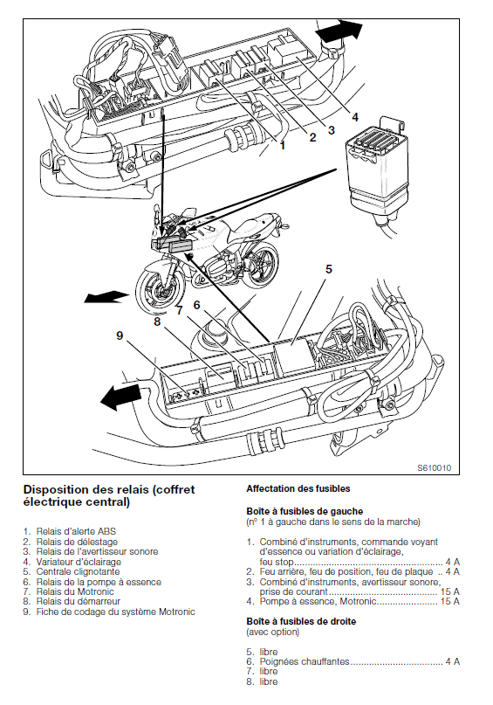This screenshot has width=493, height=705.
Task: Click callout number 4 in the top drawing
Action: point(355,117)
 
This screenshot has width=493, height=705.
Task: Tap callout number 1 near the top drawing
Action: point(283,145)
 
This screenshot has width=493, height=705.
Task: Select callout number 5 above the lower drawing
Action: point(329,269)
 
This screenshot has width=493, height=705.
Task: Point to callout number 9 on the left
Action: point(120,335)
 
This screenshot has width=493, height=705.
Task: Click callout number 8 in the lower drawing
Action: point(157,322)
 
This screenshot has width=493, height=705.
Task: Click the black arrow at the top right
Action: point(339,30)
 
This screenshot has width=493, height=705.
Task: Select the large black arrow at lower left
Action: point(120,396)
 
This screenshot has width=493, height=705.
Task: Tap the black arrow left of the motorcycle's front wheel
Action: point(106,297)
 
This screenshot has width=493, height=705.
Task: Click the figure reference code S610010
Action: point(434,468)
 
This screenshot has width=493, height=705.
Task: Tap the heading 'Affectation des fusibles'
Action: point(298,488)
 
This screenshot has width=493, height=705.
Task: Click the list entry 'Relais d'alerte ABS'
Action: point(76,531)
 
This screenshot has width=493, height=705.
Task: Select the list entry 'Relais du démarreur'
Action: point(79,601)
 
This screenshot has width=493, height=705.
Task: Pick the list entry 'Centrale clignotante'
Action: point(79,571)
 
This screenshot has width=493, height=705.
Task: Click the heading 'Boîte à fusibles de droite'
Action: point(301,621)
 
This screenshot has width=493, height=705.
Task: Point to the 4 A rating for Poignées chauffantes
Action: point(453,661)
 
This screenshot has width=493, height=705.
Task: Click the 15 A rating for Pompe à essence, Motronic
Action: point(450,602)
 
